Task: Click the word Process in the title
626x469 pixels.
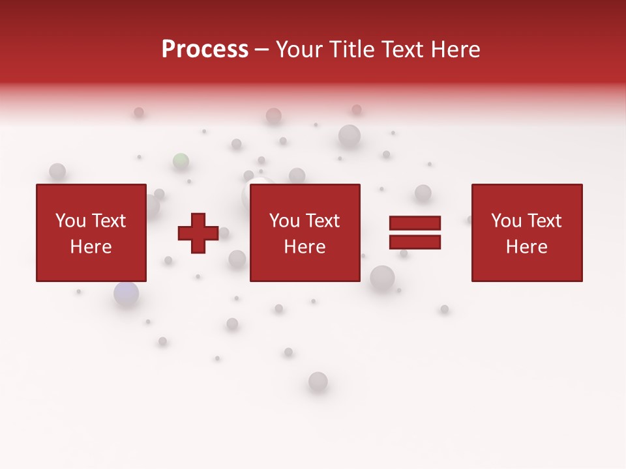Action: coord(205,50)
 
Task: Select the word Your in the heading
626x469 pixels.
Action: coord(299,50)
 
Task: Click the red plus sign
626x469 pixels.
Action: coord(198,233)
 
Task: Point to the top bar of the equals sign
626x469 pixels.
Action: coord(415,223)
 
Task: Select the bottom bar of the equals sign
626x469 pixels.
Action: coord(415,242)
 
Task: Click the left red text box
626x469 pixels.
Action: coord(91,233)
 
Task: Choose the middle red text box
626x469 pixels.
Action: coord(305,233)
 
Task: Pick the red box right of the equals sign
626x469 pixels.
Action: coord(526,233)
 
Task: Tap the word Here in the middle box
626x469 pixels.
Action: coord(305,247)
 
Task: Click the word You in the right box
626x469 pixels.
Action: coord(507,221)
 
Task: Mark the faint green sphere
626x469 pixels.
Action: coord(181,160)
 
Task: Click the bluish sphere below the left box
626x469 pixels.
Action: coord(127,294)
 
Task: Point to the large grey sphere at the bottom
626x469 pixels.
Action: coord(318,381)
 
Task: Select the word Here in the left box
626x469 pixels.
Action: coord(91,247)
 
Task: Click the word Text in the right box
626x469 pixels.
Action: coord(544,221)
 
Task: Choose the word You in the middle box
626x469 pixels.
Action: coord(285,221)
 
